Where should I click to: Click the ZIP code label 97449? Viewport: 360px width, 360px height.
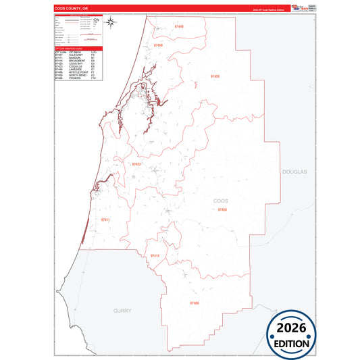tap(178, 26)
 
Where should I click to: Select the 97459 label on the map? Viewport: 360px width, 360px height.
tap(158, 45)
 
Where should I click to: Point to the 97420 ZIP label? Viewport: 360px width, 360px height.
tap(215, 76)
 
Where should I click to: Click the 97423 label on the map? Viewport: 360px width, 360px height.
tap(136, 164)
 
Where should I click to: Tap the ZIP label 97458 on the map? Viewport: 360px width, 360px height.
tap(223, 210)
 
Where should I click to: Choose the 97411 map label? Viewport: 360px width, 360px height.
tap(105, 220)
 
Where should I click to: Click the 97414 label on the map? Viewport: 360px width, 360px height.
tap(155, 255)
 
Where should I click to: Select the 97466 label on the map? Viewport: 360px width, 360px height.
tap(195, 303)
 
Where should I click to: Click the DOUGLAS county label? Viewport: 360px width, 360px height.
tap(294, 172)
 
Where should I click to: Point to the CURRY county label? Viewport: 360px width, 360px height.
tap(122, 310)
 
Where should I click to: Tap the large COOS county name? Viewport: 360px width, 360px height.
tap(221, 201)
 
